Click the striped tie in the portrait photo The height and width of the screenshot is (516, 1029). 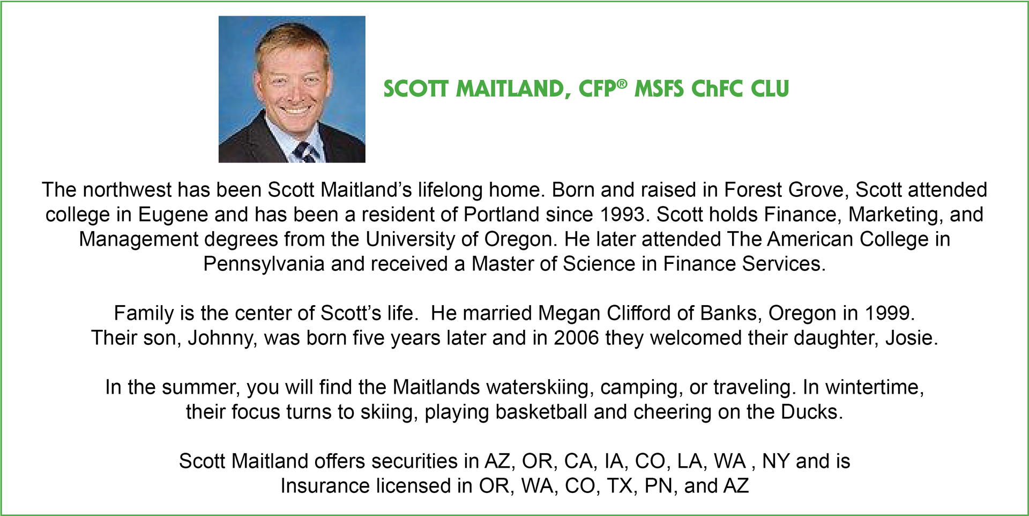click(x=306, y=152)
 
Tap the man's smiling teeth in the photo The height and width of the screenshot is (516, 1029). click(x=295, y=109)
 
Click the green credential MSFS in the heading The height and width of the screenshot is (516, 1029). click(x=659, y=89)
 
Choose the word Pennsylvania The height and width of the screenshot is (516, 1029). click(x=264, y=264)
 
